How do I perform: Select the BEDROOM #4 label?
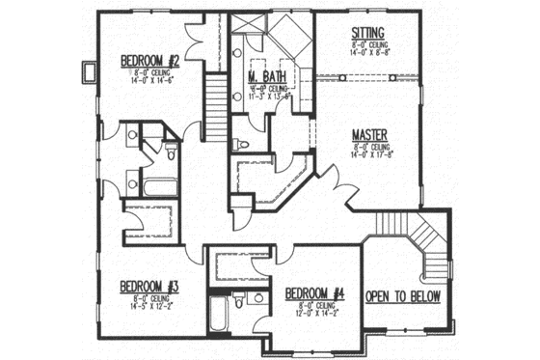click(x=314, y=293)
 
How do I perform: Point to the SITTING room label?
click(x=369, y=32)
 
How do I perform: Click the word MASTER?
click(x=370, y=137)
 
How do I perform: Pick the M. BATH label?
click(x=264, y=75)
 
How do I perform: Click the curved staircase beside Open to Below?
click(x=425, y=241)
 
